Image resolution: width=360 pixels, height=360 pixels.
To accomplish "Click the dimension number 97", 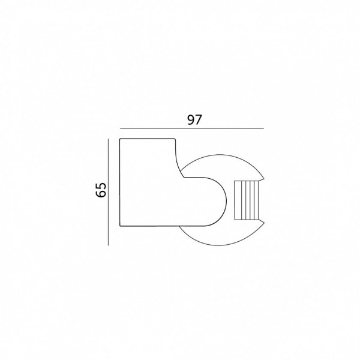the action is coord(194,119).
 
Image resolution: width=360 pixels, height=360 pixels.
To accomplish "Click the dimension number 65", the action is coord(101,190).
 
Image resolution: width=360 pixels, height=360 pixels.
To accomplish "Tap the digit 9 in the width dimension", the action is coord(191,119).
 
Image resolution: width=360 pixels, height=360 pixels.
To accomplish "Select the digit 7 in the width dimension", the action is coord(198,119).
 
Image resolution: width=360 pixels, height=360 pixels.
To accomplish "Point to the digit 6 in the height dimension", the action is coord(101,194).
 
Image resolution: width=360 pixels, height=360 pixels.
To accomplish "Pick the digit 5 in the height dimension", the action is coord(101,186).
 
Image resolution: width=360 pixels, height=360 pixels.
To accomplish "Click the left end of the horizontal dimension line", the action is coord(120,128).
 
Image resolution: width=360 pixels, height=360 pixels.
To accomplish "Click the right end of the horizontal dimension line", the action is coord(264,128).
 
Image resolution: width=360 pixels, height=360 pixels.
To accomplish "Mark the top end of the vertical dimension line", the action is coord(108,139).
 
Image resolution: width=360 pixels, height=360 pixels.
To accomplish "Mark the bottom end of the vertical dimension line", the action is coord(108,245).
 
